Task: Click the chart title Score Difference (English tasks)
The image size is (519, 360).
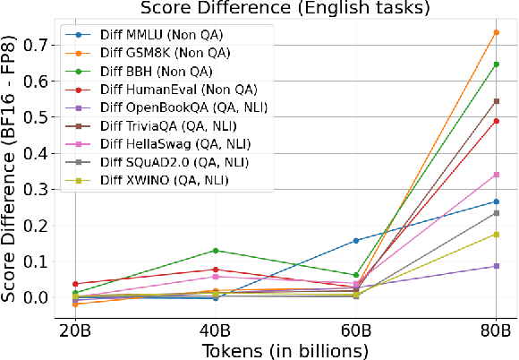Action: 285,10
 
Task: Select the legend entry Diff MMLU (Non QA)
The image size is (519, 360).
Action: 149,36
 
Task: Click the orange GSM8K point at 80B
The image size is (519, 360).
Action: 497,32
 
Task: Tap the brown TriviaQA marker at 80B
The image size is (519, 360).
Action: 497,101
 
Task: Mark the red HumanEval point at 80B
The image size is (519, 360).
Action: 497,121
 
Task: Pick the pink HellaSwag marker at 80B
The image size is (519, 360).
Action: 497,175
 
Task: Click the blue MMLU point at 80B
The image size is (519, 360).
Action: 497,201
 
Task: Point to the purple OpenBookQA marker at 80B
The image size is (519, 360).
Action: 497,266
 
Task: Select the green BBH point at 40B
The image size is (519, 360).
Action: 216,251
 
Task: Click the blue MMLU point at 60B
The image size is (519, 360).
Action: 356,240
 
